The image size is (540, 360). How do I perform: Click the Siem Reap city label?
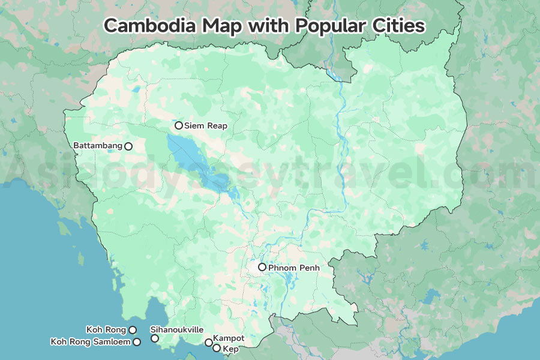coord(206,125)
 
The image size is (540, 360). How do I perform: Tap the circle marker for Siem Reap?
coord(179,125)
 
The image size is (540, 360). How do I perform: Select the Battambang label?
coord(98,145)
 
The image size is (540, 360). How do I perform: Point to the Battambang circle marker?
coord(128,146)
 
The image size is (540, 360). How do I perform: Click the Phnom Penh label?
coord(294,267)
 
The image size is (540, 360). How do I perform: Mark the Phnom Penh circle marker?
coord(262,267)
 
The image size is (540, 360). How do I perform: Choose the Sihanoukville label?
coord(177,330)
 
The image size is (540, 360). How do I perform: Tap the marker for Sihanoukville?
coord(155,338)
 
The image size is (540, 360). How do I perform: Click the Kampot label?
coord(229,338)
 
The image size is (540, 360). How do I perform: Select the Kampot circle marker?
coord(208,343)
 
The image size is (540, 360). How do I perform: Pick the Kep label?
coord(230,349)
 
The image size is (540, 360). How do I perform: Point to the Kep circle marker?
coord(217,348)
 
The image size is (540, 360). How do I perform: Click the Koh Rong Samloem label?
coord(90,342)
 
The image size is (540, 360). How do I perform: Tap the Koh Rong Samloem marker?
coord(137,342)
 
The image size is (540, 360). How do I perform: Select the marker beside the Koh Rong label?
coord(133,329)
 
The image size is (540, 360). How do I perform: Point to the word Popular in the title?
coord(320,26)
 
